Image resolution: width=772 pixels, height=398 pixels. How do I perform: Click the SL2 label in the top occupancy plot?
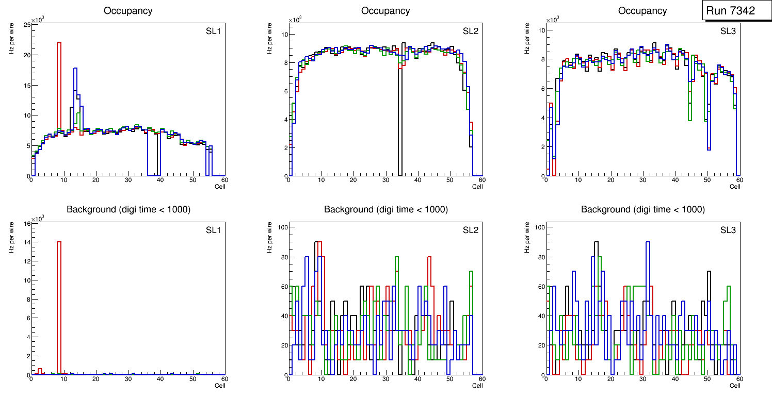click(x=470, y=31)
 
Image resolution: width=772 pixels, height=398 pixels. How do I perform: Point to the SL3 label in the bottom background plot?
click(x=728, y=230)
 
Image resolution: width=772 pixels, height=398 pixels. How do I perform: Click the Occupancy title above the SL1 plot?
click(x=128, y=10)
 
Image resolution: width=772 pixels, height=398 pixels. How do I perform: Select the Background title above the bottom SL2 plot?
click(x=385, y=209)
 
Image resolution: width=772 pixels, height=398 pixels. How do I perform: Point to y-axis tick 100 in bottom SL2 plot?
click(x=283, y=227)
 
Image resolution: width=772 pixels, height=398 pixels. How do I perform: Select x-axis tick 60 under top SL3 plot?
click(x=739, y=180)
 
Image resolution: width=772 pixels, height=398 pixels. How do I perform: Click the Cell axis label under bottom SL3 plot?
click(x=735, y=385)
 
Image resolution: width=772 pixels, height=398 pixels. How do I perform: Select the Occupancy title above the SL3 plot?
click(x=642, y=10)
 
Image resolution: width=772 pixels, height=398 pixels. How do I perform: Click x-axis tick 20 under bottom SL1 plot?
click(x=96, y=379)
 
